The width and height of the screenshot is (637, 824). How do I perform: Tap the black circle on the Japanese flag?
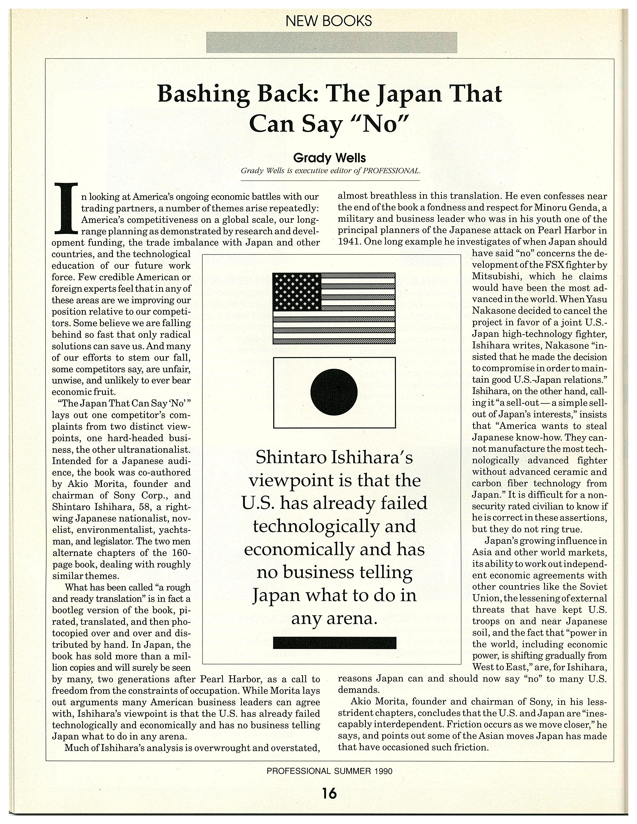[x=334, y=392]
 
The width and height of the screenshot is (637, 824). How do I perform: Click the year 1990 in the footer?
[x=383, y=771]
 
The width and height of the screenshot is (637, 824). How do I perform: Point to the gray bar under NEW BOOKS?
[x=331, y=42]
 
